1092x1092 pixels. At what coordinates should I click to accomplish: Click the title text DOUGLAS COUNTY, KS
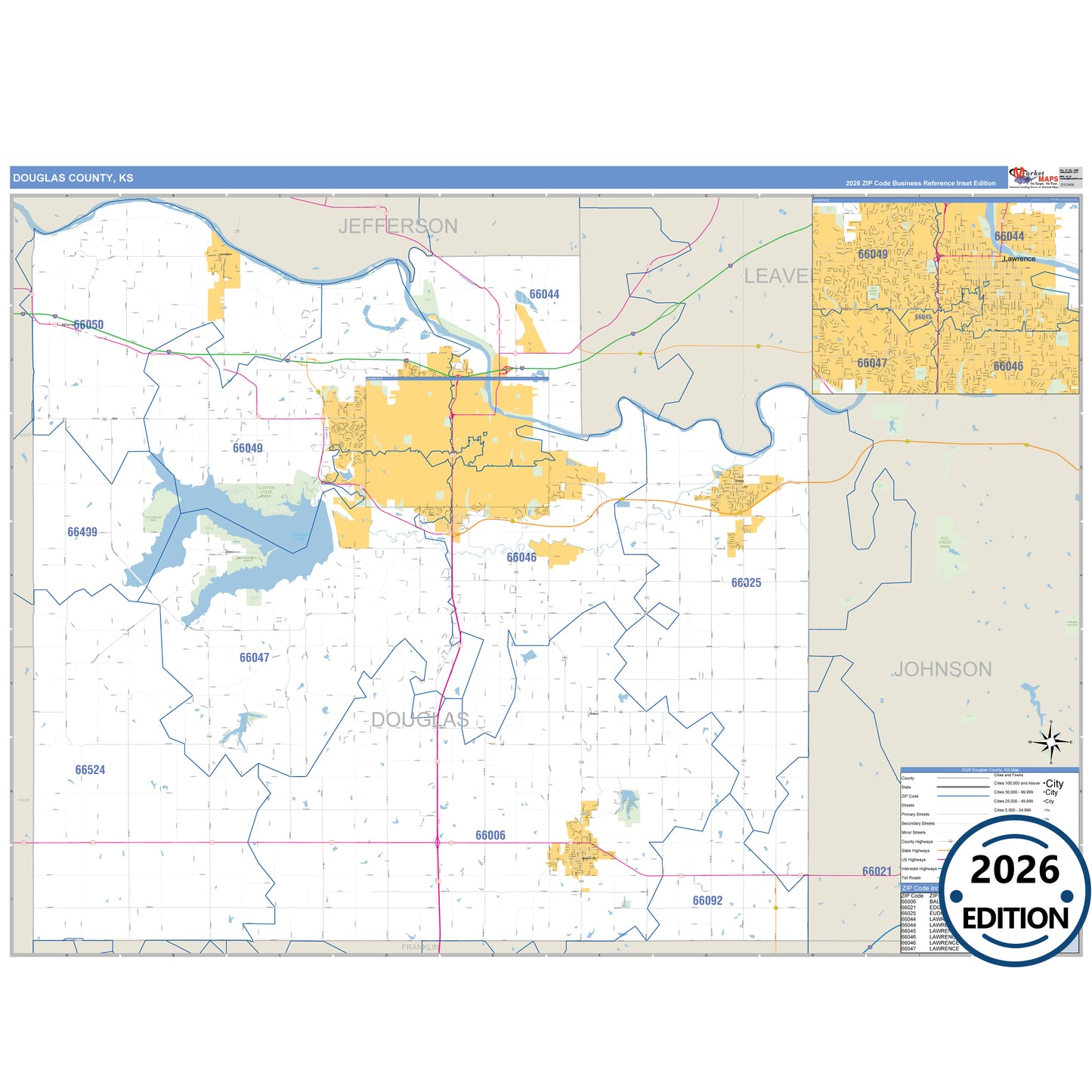(x=73, y=178)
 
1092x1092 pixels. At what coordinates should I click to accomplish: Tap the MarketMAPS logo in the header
(x=1033, y=178)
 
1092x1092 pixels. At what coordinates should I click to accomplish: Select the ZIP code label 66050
(x=88, y=325)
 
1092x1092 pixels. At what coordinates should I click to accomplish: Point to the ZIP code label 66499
(x=82, y=532)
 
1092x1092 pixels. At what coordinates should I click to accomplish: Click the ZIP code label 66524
(x=90, y=770)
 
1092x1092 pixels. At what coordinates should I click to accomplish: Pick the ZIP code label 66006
(x=490, y=835)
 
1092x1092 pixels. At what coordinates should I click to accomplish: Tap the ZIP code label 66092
(x=707, y=901)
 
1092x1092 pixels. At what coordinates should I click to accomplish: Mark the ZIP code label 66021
(x=877, y=871)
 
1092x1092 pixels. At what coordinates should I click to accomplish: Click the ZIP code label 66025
(x=746, y=583)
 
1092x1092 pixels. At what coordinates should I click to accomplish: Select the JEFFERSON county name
(x=398, y=226)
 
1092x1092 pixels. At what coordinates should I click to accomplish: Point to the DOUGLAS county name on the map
(x=419, y=719)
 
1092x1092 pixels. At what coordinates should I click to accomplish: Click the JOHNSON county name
(x=942, y=670)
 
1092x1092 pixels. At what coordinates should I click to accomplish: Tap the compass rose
(x=1050, y=742)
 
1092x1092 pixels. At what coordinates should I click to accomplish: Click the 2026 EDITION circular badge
(x=1015, y=892)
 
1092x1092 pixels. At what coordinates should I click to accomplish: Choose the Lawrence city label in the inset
(x=1019, y=258)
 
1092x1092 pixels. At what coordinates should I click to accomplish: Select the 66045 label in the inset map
(x=923, y=317)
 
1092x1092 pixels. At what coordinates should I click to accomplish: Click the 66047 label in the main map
(x=254, y=657)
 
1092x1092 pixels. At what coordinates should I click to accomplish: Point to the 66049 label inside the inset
(x=873, y=254)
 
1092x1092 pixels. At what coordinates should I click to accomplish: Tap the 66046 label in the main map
(x=521, y=558)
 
